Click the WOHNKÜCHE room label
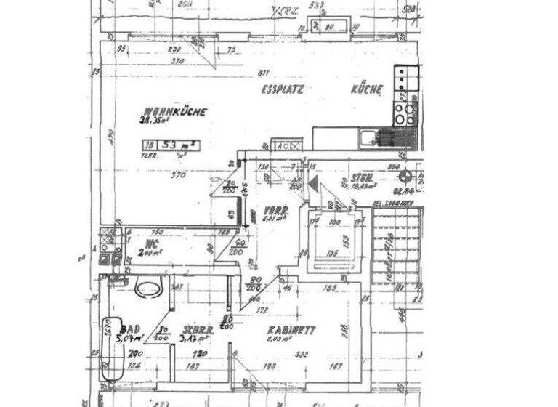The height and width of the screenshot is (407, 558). click(175, 112)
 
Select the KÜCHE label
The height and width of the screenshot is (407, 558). click(367, 89)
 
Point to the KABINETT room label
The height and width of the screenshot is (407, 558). click(291, 329)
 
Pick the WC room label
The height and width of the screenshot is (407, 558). click(152, 243)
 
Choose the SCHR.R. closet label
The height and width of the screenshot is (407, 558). click(198, 329)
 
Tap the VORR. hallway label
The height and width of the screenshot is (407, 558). click(277, 210)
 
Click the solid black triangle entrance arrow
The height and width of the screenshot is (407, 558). click(313, 183)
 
